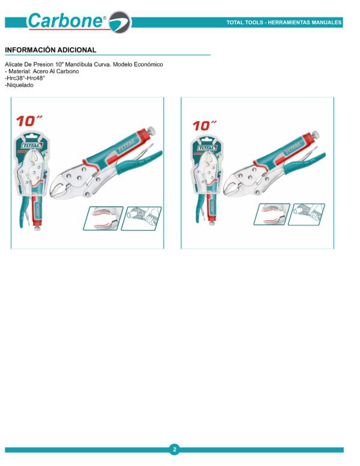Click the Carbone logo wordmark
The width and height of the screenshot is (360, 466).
pos(67,21)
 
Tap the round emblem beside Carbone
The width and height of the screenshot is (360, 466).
pos(120,22)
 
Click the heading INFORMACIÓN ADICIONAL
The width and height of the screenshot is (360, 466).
pos(50,50)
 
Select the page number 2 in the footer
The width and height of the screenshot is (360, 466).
pos(175,449)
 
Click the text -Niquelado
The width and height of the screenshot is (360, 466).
pos(19,85)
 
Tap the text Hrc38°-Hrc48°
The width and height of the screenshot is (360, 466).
pos(26,78)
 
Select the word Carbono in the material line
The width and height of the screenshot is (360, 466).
pos(67,71)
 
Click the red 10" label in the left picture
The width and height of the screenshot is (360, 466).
pos(29,121)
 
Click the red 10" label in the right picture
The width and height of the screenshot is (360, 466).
pos(205,126)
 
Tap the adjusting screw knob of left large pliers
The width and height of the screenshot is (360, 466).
pos(151,130)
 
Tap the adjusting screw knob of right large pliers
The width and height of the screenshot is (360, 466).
pos(316,135)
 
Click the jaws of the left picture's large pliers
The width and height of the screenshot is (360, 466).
pos(59,187)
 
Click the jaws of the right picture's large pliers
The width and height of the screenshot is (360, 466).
pos(231,186)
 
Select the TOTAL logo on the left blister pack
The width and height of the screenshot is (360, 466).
pos(32,145)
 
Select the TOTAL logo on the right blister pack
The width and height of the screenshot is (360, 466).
pos(207,148)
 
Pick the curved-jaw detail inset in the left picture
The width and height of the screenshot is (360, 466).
pos(103,218)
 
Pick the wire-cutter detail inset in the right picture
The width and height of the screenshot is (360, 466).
pos(307,214)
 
